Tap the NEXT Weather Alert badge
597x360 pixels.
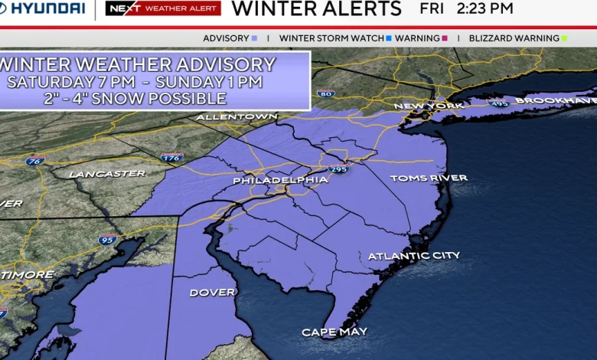coord(163,9)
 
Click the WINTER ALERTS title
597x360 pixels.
coord(316,9)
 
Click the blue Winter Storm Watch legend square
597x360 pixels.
coord(389,38)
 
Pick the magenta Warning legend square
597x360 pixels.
coord(445,38)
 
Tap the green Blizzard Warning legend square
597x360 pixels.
coord(564,38)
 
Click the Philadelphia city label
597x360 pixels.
coord(280,180)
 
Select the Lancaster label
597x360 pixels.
coord(107,174)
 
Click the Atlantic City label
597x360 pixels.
coord(414,256)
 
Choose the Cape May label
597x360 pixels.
coord(334,332)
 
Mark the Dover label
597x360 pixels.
coord(212,293)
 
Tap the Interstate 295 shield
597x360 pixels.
coord(338,169)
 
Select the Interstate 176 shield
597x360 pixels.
coord(172,158)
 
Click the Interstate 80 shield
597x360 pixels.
coord(325,94)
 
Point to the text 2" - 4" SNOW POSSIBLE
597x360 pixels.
coord(155,99)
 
